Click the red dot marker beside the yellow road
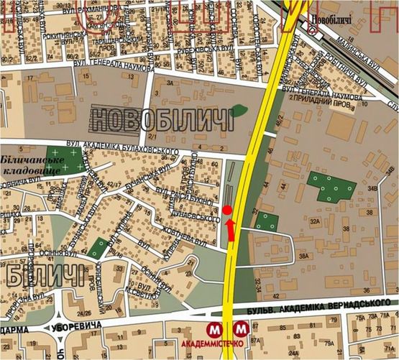(227, 210)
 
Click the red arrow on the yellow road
(231, 229)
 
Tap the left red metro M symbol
(214, 330)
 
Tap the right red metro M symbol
(242, 330)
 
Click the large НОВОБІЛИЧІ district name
(164, 119)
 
